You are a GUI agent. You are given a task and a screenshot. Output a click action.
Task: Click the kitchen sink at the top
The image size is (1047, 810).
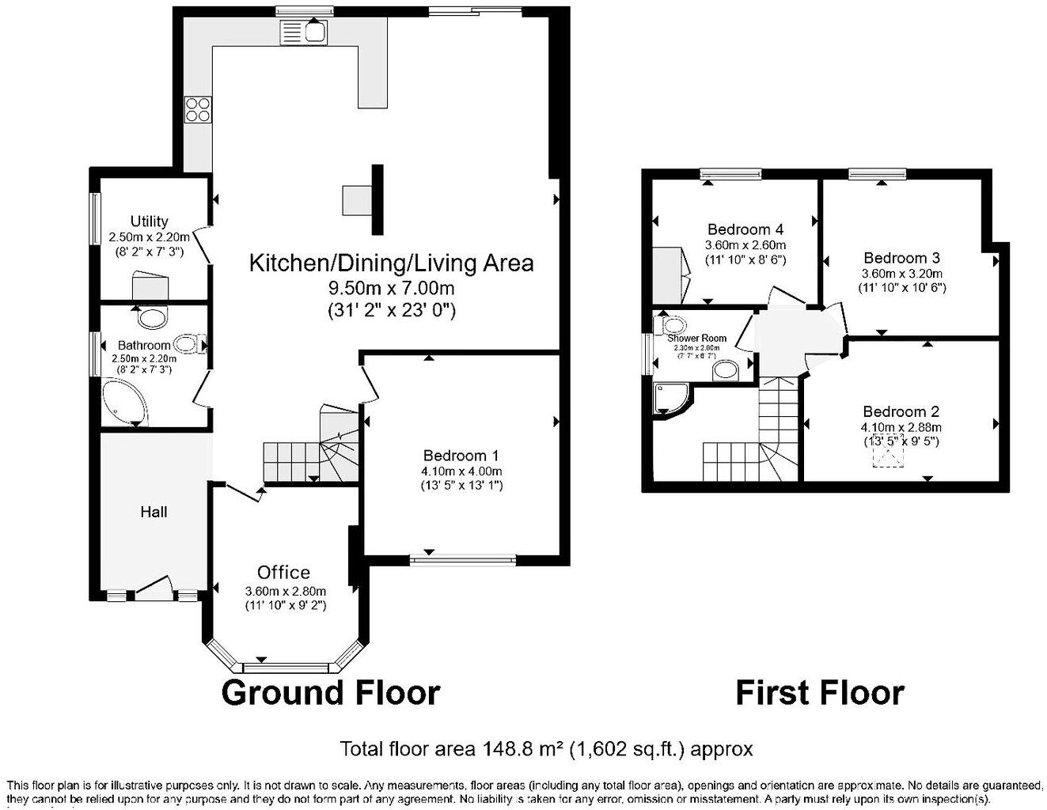coord(303,32)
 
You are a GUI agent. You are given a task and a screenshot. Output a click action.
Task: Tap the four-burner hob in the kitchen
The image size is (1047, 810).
coord(198,108)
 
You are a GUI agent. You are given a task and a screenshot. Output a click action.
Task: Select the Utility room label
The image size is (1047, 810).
coord(149,221)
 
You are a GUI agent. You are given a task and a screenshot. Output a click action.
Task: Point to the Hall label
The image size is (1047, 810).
coord(154,512)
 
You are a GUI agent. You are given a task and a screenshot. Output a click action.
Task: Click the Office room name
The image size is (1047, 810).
coord(283,572)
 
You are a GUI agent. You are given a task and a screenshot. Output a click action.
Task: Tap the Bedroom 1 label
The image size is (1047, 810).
coord(461,456)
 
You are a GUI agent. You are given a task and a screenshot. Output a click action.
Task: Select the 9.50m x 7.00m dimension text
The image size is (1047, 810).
coord(391,287)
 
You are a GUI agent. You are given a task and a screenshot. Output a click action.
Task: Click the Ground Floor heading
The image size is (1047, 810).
coord(330,692)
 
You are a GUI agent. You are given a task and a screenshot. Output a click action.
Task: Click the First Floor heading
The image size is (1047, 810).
coord(819,692)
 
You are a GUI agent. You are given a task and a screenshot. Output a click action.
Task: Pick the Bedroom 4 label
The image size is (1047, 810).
coord(745,229)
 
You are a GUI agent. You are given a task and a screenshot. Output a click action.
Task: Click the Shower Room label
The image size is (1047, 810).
coord(696,338)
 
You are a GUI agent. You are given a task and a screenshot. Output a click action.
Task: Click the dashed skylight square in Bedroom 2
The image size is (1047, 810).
coord(888,456)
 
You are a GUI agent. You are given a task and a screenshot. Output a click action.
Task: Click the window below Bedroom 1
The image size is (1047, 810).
coord(462,560)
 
